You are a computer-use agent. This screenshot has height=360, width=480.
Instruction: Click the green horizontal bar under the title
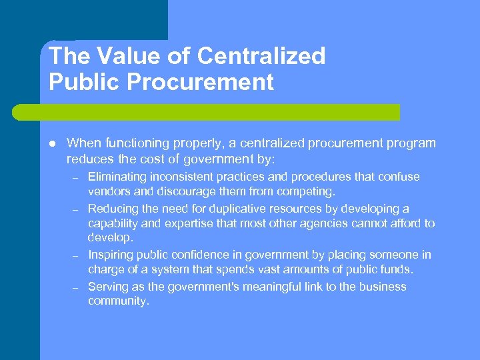coord(219,112)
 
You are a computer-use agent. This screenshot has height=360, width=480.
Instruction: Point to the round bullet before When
coord(52,143)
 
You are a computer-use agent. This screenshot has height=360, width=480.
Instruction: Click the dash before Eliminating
coord(77,178)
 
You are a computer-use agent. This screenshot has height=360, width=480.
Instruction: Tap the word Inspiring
coord(111,255)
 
